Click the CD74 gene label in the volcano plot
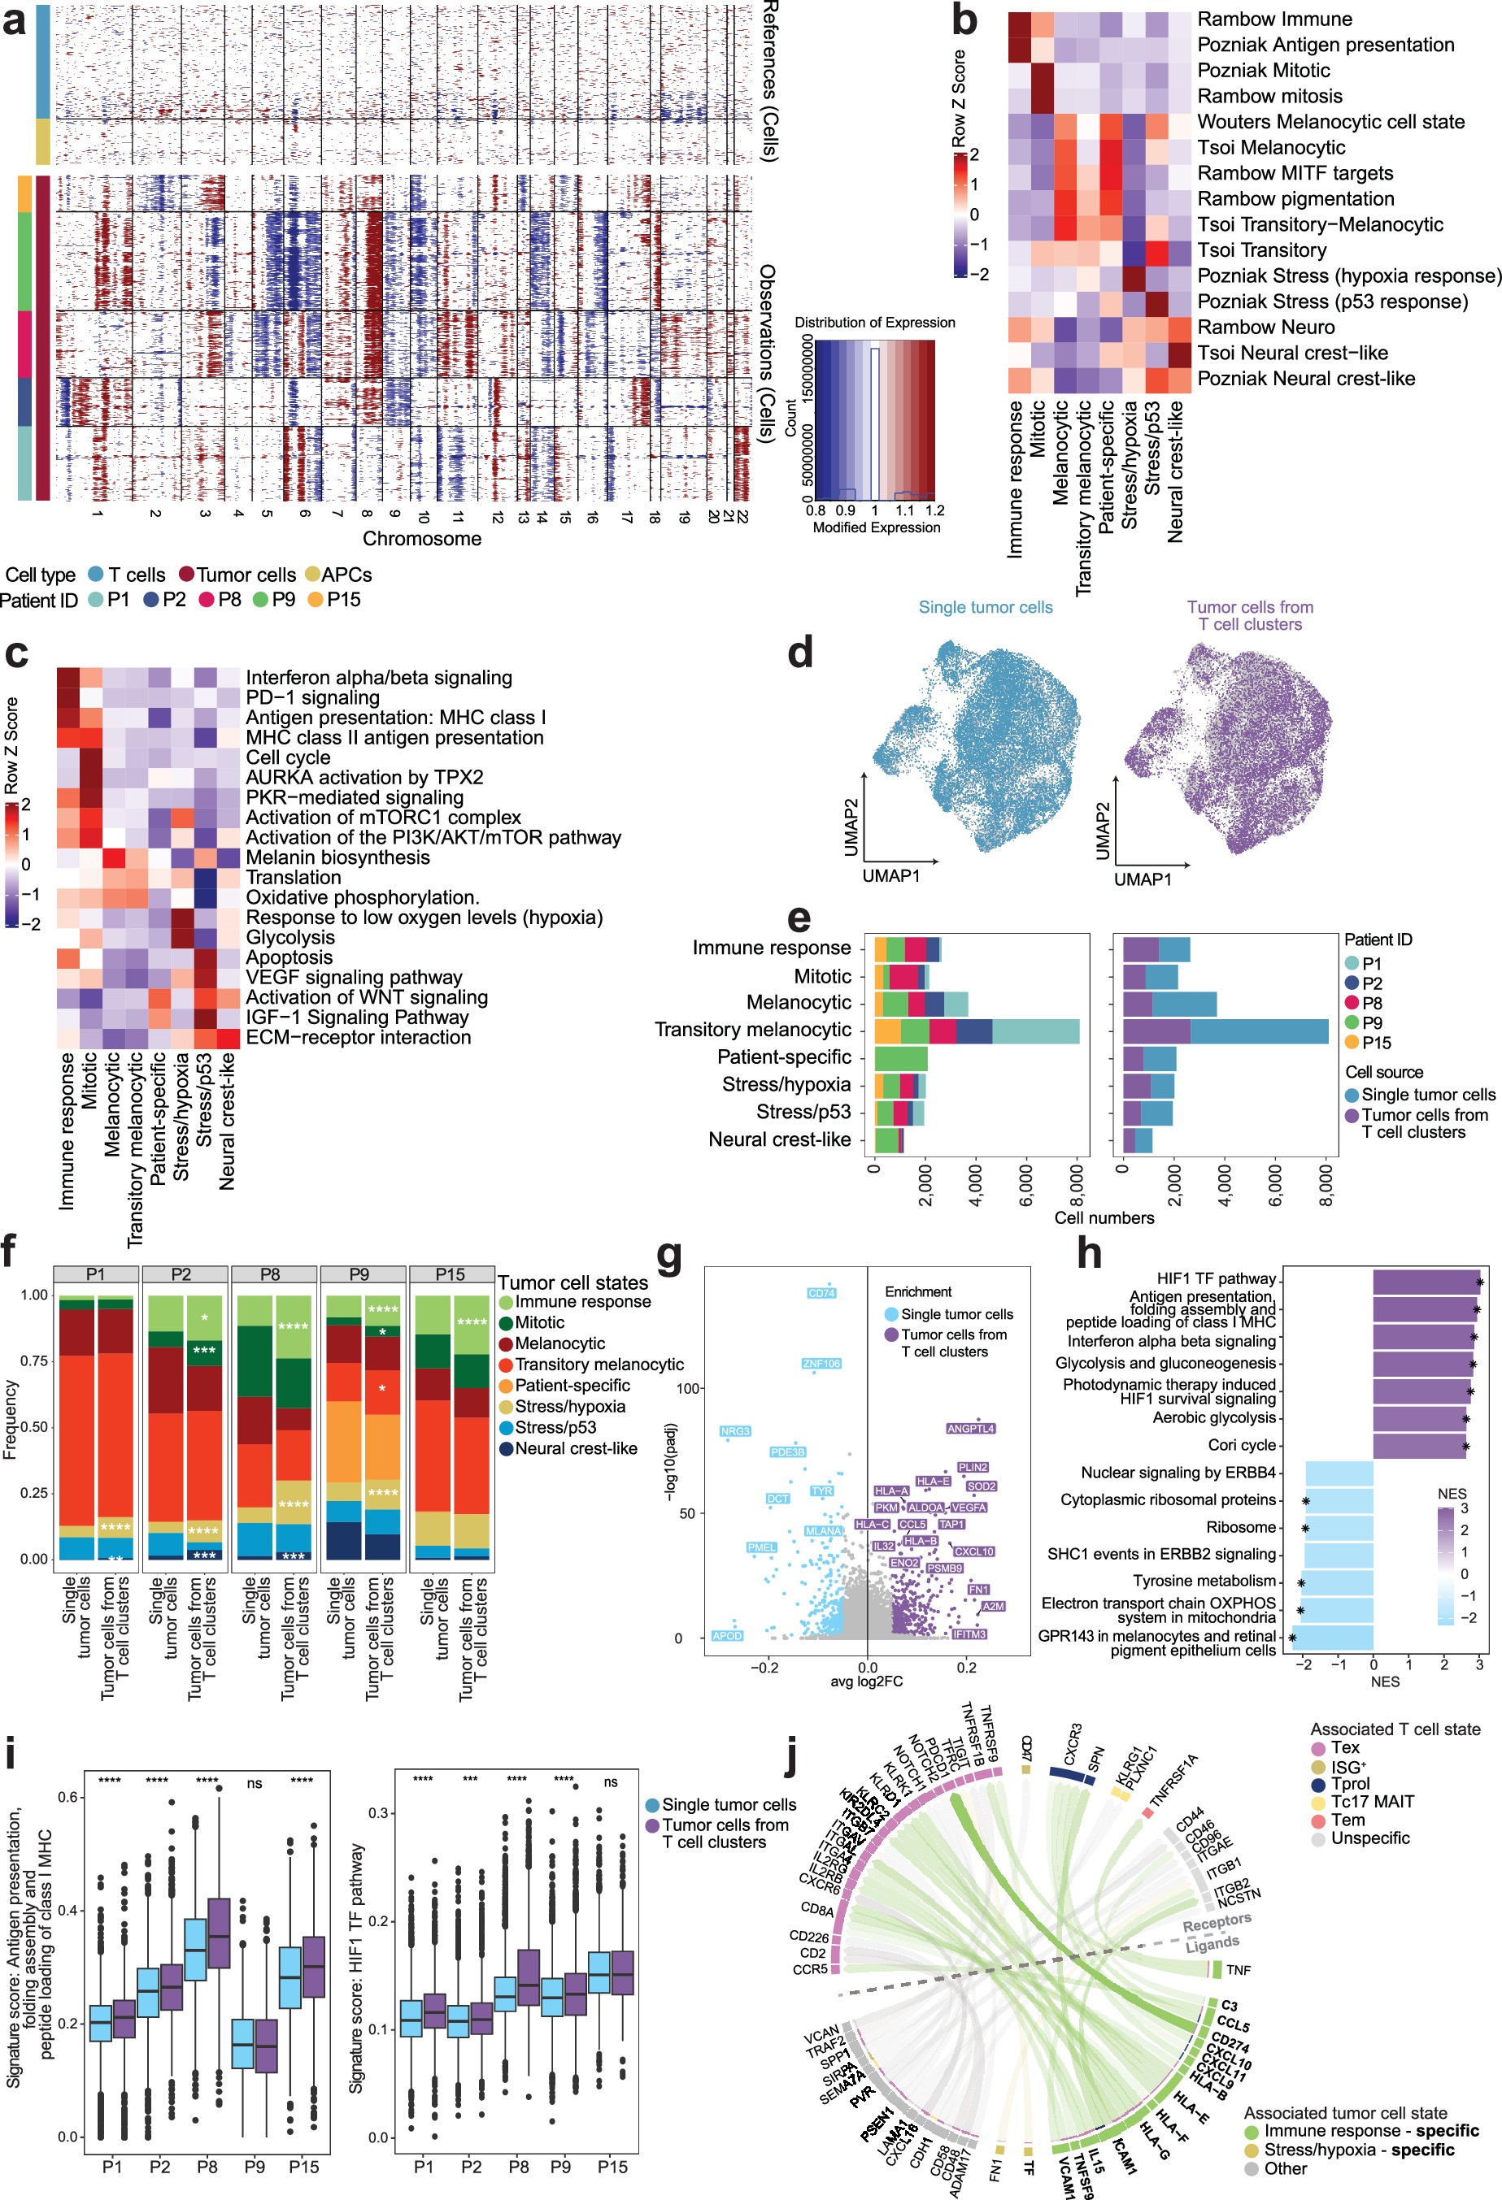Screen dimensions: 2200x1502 click(821, 1293)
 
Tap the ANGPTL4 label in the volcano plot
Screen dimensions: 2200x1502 click(971, 1429)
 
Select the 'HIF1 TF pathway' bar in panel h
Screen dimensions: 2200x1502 click(1426, 1282)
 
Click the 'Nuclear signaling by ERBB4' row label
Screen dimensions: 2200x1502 click(1178, 1473)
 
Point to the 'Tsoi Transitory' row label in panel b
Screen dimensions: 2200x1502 click(1261, 250)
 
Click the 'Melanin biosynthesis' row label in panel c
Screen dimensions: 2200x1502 click(337, 857)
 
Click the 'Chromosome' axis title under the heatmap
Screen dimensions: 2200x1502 click(421, 539)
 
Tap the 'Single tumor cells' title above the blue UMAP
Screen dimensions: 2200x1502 click(985, 607)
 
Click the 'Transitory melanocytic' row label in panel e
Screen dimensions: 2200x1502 click(753, 1030)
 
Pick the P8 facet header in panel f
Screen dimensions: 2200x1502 click(270, 1274)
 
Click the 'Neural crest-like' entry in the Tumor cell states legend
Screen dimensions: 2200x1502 click(576, 1448)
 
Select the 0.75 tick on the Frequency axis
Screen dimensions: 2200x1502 click(34, 1361)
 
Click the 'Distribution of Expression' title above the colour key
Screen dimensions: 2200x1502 click(874, 322)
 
